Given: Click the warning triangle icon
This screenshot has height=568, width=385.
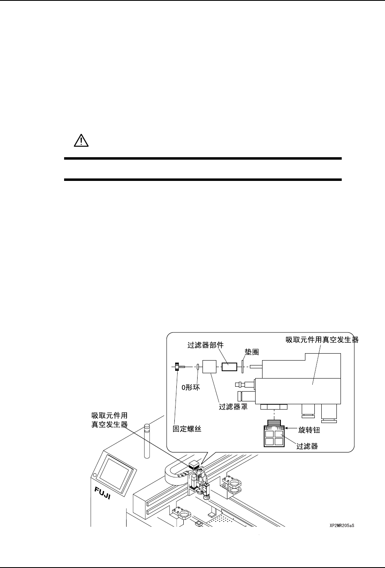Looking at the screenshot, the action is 81,141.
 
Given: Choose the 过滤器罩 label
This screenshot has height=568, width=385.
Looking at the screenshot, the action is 234,407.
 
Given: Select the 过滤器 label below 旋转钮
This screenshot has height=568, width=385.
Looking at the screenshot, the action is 307,446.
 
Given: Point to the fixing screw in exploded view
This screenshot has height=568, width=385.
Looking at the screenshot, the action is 179,367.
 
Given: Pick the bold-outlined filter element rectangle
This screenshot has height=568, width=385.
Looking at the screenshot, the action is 229,367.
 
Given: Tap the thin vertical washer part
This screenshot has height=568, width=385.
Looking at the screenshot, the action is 243,367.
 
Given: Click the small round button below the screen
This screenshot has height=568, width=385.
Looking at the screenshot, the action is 95,475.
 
